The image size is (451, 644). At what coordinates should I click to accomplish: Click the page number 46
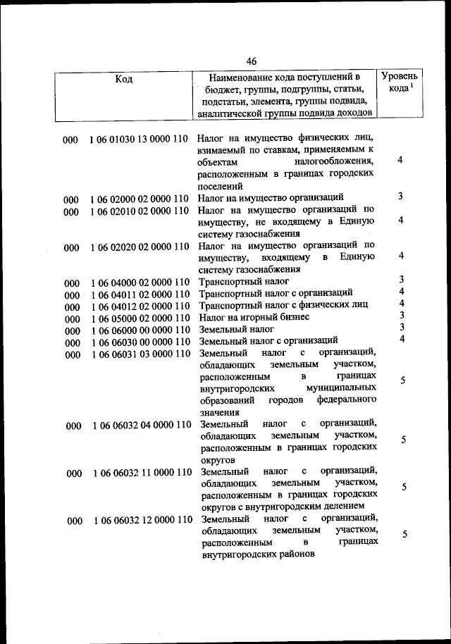point(252,61)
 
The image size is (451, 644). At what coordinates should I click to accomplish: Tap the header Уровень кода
point(400,82)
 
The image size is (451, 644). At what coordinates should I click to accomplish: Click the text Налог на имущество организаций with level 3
point(271,198)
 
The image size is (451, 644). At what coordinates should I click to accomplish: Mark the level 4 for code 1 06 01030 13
point(400,161)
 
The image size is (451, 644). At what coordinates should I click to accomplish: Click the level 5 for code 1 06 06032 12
point(405,535)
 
